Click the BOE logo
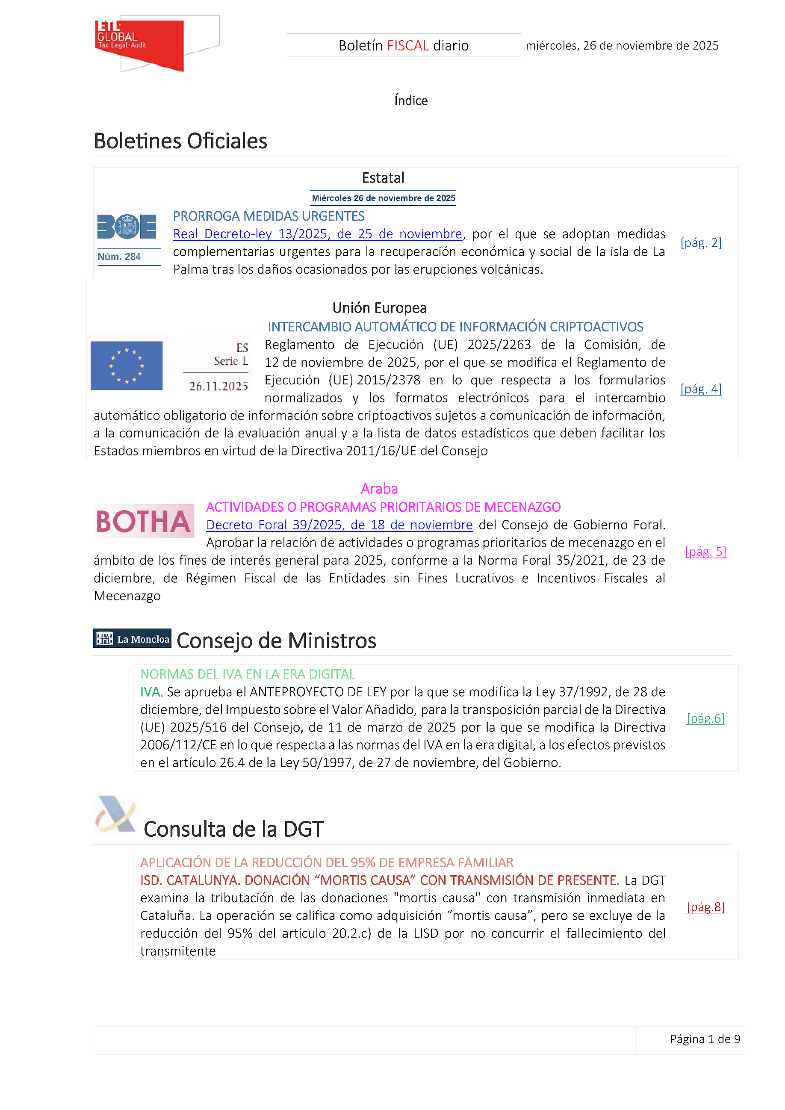(x=127, y=226)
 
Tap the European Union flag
(x=127, y=366)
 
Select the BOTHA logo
(x=144, y=521)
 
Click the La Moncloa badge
(x=132, y=639)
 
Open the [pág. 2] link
(x=701, y=243)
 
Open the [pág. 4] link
(x=701, y=389)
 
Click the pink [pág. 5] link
(x=705, y=551)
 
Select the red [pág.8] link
(x=705, y=906)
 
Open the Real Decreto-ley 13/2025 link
(x=318, y=234)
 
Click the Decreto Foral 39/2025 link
(x=339, y=525)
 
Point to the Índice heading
(x=411, y=100)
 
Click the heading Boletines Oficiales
(x=180, y=141)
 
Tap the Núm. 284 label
(x=119, y=257)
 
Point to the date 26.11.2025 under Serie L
(x=218, y=386)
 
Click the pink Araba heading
(x=379, y=489)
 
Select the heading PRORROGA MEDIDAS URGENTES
(x=269, y=216)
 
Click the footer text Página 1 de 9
(x=705, y=1039)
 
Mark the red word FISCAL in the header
(x=408, y=45)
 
